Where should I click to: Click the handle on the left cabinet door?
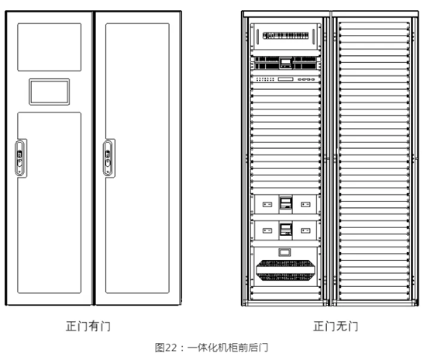(21, 158)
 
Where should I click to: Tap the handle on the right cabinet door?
(109, 158)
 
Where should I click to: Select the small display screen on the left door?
(49, 92)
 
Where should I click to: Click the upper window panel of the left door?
(49, 47)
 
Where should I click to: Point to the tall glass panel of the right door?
(137, 158)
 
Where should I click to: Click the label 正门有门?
(88, 326)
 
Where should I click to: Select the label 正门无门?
(336, 326)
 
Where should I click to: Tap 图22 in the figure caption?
(165, 348)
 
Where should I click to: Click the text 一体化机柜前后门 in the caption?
(228, 348)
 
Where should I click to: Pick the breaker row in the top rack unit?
(285, 36)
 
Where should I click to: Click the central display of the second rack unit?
(286, 63)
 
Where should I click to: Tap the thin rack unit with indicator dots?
(285, 79)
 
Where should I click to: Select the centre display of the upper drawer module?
(285, 202)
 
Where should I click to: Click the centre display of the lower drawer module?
(285, 229)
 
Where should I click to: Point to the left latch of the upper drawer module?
(267, 205)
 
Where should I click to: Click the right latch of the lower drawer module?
(305, 230)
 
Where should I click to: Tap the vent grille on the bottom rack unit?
(285, 270)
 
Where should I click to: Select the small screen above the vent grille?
(284, 252)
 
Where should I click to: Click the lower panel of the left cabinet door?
(49, 202)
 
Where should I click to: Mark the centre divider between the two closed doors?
(94, 158)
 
